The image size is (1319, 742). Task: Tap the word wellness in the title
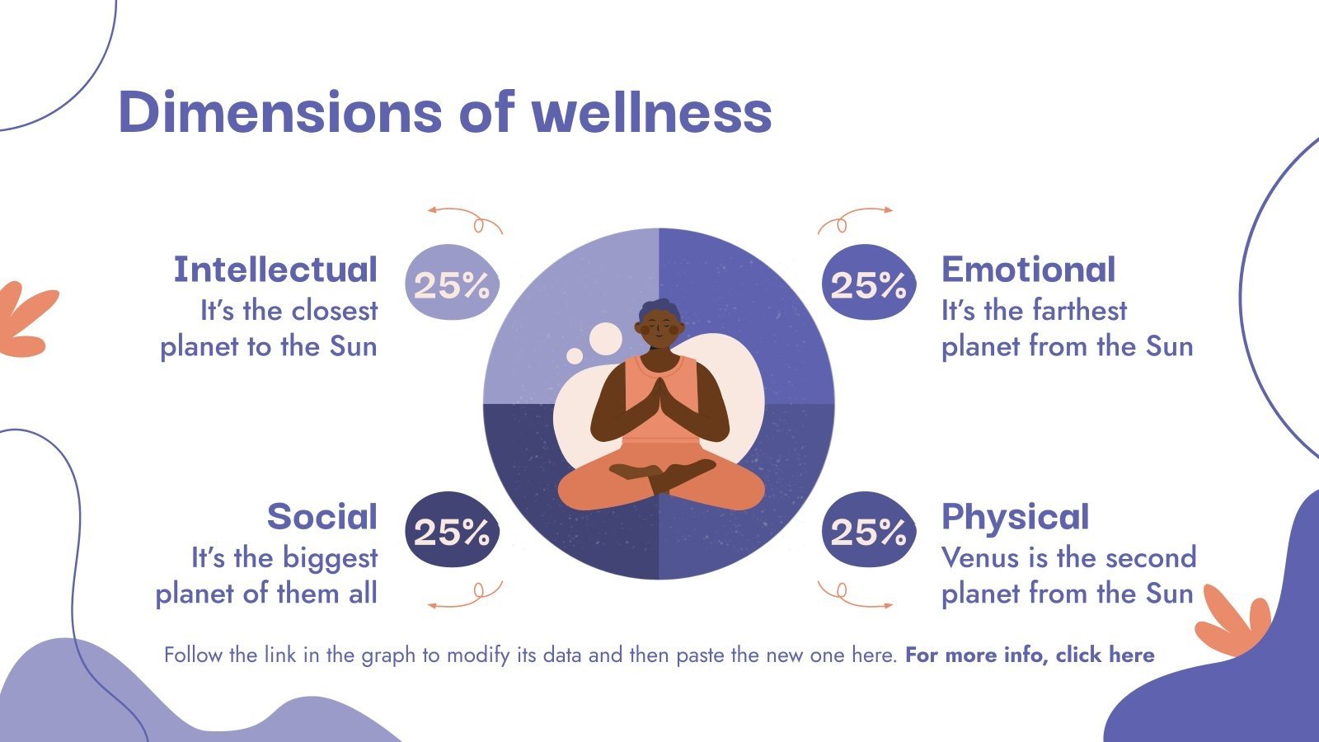(652, 112)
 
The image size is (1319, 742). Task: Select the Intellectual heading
(275, 270)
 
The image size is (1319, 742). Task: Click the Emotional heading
(1028, 270)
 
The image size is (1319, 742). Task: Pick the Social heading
(322, 517)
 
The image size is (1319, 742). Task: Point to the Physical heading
(1015, 517)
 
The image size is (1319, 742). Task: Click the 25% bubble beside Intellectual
(452, 284)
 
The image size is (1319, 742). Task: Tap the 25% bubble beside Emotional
(868, 284)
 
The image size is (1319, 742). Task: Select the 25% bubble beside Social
(452, 531)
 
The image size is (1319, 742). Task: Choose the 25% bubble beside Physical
(868, 531)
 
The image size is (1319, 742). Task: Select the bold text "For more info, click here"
(1030, 655)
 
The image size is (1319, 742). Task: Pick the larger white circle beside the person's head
(605, 339)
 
